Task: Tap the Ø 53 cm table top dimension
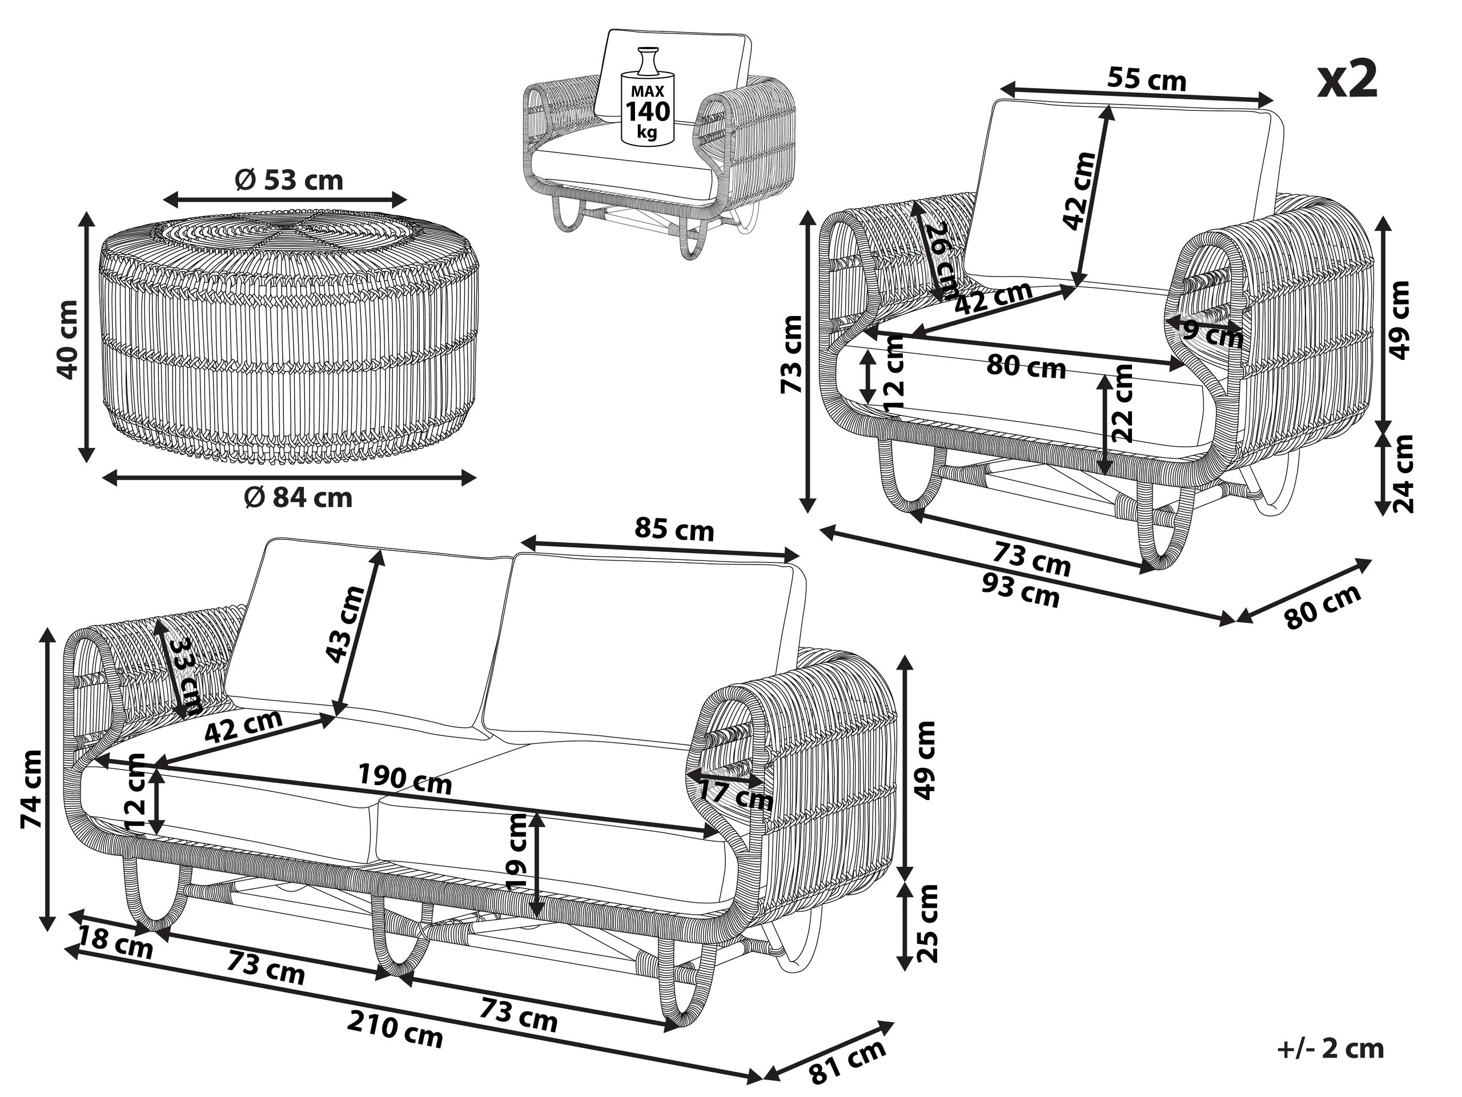click(289, 180)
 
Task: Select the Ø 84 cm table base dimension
click(298, 497)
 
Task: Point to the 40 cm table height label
click(69, 339)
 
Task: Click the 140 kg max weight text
click(648, 112)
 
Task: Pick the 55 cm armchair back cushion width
click(1146, 80)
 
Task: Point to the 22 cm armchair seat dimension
click(1122, 403)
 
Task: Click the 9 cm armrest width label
click(1213, 333)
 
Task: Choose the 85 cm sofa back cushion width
click(674, 530)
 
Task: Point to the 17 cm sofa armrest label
click(736, 793)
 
